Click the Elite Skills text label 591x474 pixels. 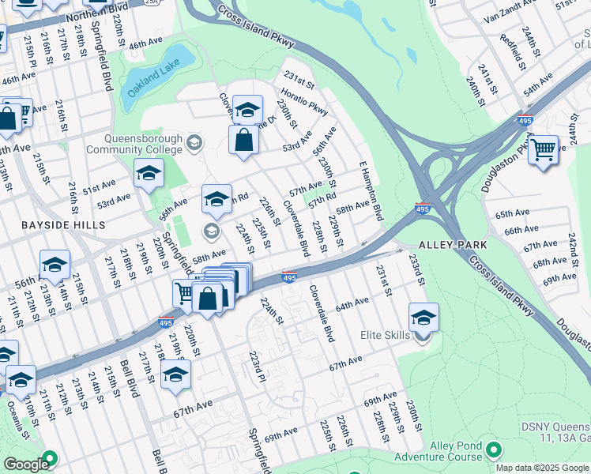385,335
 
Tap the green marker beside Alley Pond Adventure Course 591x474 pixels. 495,450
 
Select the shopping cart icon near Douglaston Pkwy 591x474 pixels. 543,149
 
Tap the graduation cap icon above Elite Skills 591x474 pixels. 423,317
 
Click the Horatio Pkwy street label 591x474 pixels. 306,102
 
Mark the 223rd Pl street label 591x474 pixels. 256,367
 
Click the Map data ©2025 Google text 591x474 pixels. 542,468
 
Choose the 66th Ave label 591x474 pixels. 521,230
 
